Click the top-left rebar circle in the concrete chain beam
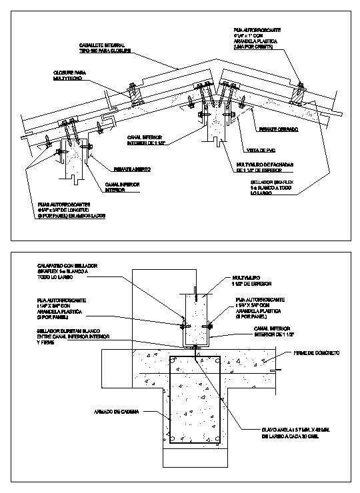174,362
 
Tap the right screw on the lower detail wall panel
211,325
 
